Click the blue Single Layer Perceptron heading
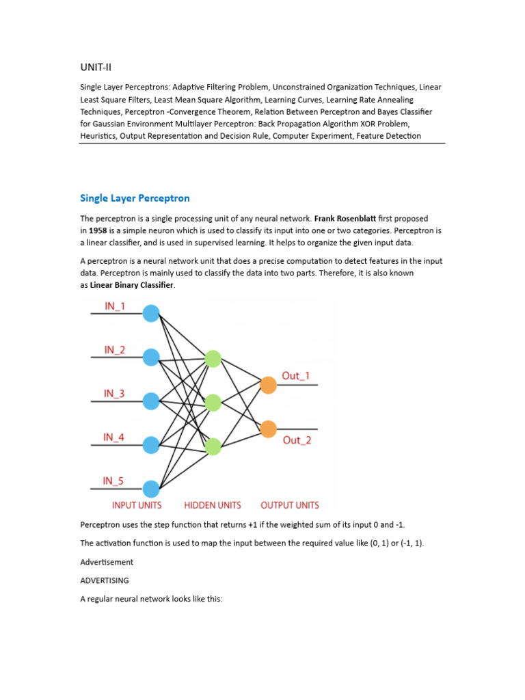tap(135, 198)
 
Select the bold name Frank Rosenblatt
tap(345, 219)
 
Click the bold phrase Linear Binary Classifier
tap(132, 285)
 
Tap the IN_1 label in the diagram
tap(114, 307)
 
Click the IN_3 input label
tap(113, 393)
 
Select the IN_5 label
tap(113, 481)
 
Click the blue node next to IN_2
tap(151, 357)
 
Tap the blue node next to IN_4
tap(151, 445)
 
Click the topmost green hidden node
tap(213, 359)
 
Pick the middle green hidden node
tap(213, 403)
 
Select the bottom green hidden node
tap(213, 446)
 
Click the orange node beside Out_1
tap(268, 385)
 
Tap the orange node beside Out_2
tap(268, 429)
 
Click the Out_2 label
tap(297, 440)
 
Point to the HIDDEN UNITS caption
tap(213, 505)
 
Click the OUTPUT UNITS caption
tap(290, 505)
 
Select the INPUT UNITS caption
tap(137, 505)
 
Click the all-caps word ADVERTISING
tap(105, 580)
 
